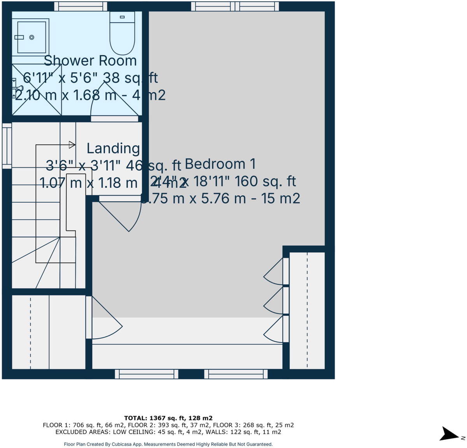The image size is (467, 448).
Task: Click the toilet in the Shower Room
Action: (x=122, y=33)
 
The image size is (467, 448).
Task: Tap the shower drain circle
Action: (x=31, y=37)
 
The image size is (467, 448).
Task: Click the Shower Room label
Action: (x=90, y=61)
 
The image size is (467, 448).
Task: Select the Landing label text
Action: (x=113, y=148)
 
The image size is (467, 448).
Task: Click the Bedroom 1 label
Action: (x=220, y=164)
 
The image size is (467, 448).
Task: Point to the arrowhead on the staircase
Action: (x=72, y=145)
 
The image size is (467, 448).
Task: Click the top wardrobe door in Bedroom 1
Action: (x=275, y=271)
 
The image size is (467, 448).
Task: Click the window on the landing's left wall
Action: (x=7, y=145)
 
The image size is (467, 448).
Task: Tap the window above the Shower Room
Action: (x=80, y=6)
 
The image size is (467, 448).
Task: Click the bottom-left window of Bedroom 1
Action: (x=147, y=374)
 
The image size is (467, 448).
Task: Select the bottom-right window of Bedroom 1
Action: (x=236, y=374)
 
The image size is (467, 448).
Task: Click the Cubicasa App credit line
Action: (x=168, y=444)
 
